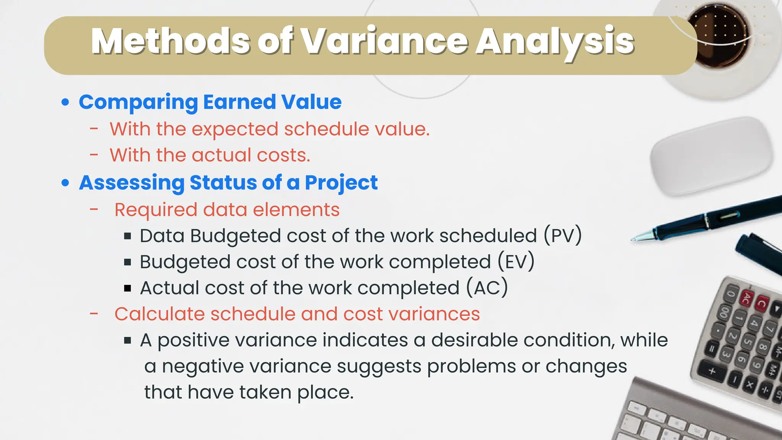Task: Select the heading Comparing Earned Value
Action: pyautogui.click(x=210, y=102)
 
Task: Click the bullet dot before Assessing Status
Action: pyautogui.click(x=66, y=183)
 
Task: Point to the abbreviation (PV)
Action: pyautogui.click(x=562, y=236)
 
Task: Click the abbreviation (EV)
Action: pyautogui.click(x=516, y=262)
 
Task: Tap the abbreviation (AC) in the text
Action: pyautogui.click(x=487, y=288)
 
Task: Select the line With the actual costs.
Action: pyautogui.click(x=210, y=155)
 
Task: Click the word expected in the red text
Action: pyautogui.click(x=234, y=129)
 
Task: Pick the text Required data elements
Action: pyautogui.click(x=227, y=210)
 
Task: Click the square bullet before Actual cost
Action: pyautogui.click(x=128, y=288)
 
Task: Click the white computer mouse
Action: pyautogui.click(x=711, y=157)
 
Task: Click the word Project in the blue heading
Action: pyautogui.click(x=341, y=183)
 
